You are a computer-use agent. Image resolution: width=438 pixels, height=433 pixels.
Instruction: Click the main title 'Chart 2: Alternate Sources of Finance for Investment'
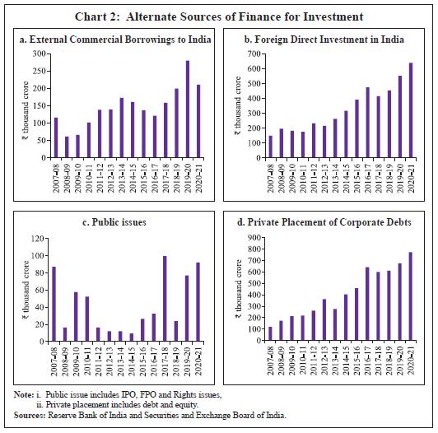click(219, 15)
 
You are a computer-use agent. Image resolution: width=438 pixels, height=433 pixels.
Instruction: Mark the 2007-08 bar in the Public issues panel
click(54, 304)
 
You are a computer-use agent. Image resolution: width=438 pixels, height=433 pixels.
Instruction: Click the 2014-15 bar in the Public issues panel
click(131, 337)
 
